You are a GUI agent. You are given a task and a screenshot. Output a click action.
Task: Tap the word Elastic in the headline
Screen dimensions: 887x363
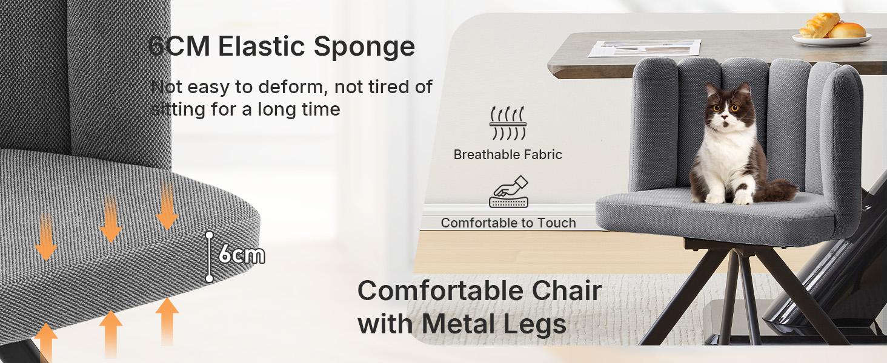261,46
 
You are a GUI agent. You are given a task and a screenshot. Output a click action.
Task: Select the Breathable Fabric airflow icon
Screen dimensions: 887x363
508,123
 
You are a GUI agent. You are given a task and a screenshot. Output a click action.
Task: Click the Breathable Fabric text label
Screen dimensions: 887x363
508,155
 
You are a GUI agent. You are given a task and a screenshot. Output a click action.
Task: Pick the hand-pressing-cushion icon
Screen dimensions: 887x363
509,191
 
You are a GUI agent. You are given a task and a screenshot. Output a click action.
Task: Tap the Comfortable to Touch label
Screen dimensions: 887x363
508,223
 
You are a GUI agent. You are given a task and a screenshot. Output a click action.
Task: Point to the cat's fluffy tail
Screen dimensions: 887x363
776,191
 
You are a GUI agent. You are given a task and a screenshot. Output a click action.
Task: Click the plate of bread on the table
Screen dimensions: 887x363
831,30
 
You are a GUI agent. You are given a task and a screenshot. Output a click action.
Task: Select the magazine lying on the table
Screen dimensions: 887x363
644,48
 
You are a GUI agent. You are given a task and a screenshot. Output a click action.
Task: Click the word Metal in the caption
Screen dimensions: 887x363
459,324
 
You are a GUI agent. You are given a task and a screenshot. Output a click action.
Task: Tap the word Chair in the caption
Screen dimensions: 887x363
566,291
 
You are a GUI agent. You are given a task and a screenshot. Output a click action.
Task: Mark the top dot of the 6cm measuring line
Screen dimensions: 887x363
210,235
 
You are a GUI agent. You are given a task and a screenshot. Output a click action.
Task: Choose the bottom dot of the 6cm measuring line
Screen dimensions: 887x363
210,279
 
